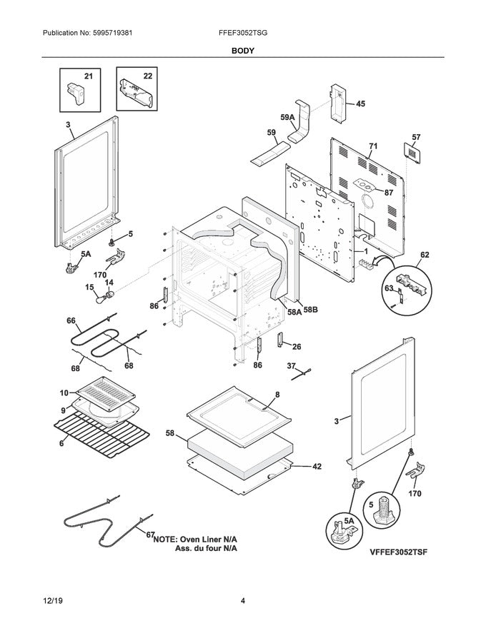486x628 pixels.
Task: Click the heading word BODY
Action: [x=243, y=51]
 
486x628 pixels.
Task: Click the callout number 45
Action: [x=360, y=103]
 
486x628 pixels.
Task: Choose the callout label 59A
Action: [x=288, y=117]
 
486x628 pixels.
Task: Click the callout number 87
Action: [x=389, y=193]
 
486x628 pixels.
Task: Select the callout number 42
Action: [x=317, y=467]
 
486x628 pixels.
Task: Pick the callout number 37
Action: [x=291, y=366]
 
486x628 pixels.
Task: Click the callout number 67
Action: [x=150, y=535]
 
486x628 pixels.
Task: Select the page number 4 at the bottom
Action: [x=243, y=601]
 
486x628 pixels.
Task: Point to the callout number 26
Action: [x=297, y=347]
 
